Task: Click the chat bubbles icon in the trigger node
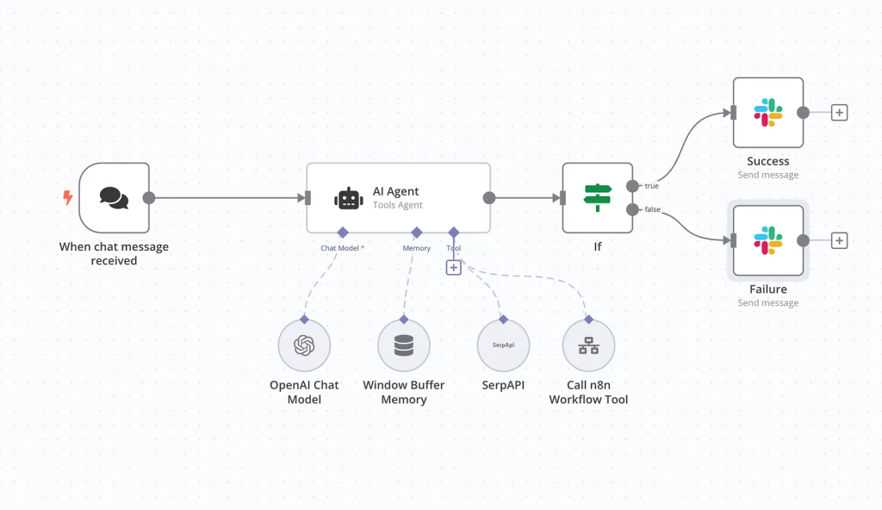coord(114,198)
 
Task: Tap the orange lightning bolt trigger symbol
coord(68,198)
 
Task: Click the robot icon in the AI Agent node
coord(348,199)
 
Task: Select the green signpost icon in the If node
coord(597,198)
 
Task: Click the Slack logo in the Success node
coord(767,112)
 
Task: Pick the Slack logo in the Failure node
coord(767,240)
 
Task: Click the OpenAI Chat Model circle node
coord(304,345)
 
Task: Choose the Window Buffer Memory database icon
coord(403,345)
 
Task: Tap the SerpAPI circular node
coord(503,345)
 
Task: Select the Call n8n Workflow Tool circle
coord(588,345)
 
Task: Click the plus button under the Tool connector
coord(454,268)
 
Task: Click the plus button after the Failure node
coord(839,241)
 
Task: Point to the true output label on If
coord(652,185)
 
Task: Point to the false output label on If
coord(653,210)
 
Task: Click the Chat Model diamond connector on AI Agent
coord(342,232)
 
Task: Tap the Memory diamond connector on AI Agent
coord(416,232)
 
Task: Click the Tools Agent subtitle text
coord(397,205)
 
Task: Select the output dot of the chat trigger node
coord(148,198)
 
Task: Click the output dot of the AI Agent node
coord(489,198)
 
